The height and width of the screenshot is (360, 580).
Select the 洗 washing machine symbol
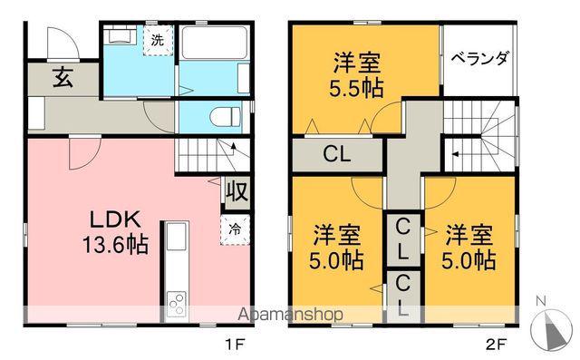[158, 40]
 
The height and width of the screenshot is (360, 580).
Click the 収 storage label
[236, 192]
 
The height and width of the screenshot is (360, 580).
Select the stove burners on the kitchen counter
[175, 303]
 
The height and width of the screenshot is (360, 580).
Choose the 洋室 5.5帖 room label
[343, 77]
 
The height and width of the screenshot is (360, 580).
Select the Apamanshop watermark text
[291, 315]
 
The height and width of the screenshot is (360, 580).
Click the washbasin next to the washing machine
[118, 37]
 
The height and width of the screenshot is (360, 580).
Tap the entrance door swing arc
[59, 41]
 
